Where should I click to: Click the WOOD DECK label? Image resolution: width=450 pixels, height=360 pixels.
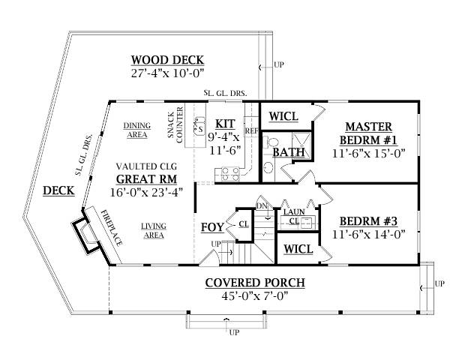click(167, 60)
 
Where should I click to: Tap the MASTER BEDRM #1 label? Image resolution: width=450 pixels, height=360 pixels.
click(368, 133)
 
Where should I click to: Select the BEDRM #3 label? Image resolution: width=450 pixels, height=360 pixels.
click(368, 221)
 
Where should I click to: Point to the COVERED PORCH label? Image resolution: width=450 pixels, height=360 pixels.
click(255, 283)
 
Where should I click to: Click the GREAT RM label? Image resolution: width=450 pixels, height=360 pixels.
click(146, 179)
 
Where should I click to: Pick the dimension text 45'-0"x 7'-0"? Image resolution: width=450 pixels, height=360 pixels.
click(255, 295)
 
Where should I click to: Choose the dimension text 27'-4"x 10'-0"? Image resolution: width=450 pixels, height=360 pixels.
click(167, 73)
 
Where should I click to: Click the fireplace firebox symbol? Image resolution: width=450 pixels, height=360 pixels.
click(87, 235)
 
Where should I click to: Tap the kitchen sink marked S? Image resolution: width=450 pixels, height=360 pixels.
click(199, 126)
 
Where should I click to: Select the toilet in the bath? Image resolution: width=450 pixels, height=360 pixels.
click(271, 142)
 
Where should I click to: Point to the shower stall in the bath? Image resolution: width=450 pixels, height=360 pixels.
click(301, 145)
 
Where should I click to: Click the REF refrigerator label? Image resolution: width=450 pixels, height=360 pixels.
click(252, 131)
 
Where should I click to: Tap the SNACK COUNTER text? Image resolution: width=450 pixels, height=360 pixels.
click(175, 125)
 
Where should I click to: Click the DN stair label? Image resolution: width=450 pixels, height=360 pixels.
click(262, 205)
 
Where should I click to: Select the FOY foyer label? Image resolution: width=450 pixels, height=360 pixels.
click(212, 227)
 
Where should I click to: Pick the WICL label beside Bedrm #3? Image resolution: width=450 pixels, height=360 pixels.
click(298, 249)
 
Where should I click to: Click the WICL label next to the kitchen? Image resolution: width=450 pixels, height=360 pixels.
click(283, 116)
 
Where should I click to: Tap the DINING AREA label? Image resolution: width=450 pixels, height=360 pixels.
click(137, 130)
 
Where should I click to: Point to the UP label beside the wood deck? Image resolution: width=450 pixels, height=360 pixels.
click(279, 64)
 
